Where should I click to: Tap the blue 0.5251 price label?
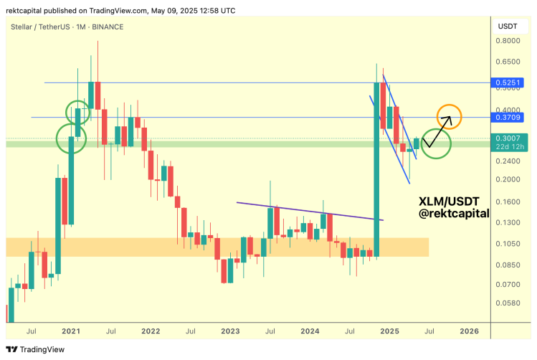[x=510, y=83]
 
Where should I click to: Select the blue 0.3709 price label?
[x=510, y=117]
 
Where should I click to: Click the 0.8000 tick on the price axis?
[x=509, y=41]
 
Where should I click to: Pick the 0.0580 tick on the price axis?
[x=509, y=303]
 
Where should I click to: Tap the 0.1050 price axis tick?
[x=509, y=244]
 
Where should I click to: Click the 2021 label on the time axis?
[x=70, y=331]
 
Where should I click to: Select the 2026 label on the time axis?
[x=469, y=331]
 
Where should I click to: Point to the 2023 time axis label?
[x=230, y=331]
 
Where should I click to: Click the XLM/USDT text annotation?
[x=448, y=200]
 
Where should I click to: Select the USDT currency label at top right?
[x=509, y=27]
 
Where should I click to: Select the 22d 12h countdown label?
[x=510, y=147]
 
